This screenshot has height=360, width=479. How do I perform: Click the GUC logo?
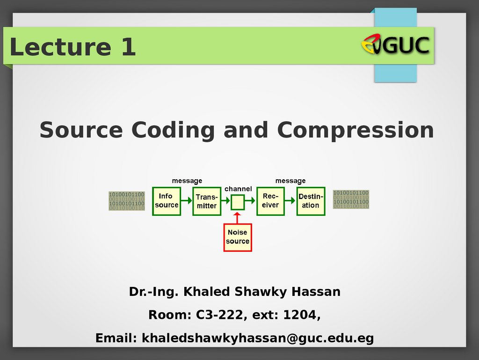pos(395,44)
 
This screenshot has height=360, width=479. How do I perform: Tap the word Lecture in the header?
pos(60,47)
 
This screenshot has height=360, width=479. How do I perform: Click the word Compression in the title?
pos(356,131)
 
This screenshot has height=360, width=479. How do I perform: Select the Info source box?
pos(167,201)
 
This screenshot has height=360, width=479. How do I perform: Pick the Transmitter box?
pos(207,201)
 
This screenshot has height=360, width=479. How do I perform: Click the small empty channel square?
pos(238,202)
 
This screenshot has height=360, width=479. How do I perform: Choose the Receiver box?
pos(271,201)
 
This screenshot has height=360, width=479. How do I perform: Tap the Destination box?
pos(311,201)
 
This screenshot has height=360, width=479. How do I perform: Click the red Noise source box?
pos(238,237)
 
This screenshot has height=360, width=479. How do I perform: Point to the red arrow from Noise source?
pos(237,218)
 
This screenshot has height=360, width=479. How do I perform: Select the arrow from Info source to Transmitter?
pos(187,200)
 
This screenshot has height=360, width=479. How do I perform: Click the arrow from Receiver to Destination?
pos(290,200)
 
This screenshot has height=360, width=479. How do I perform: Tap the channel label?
pos(238,189)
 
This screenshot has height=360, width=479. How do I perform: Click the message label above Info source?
pos(187,181)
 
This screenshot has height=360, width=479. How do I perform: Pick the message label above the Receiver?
pos(290,181)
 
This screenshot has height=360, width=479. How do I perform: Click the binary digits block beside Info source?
pos(127,201)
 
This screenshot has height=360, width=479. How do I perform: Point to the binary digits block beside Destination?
pos(351,199)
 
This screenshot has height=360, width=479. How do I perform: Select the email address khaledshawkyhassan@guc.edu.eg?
pos(258,338)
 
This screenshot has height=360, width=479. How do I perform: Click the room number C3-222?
pos(219,315)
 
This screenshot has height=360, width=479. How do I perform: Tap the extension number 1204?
pos(300,315)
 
